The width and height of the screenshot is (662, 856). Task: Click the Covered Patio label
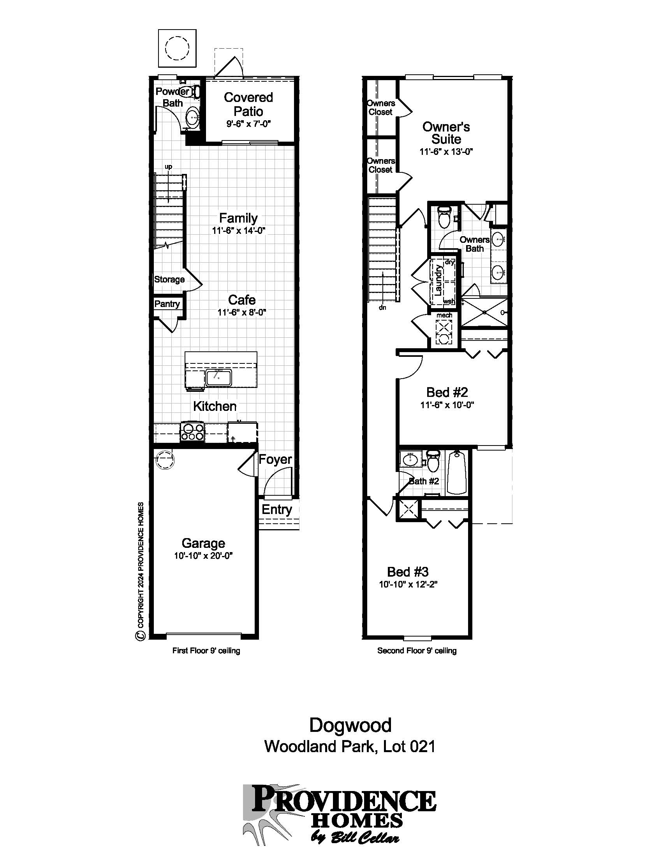248,104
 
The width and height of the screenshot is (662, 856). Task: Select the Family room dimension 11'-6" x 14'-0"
239,231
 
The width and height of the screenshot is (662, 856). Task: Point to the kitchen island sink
219,377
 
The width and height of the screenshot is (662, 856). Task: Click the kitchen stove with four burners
192,432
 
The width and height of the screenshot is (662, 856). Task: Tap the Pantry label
167,304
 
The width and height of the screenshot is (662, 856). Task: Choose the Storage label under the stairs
169,279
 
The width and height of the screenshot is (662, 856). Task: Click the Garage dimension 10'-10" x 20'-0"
204,556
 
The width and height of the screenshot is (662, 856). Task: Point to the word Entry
277,510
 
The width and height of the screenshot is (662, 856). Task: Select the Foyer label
275,460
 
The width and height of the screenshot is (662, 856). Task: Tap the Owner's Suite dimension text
446,152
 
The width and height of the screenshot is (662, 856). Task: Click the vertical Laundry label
438,279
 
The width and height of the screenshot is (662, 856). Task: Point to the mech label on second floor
444,315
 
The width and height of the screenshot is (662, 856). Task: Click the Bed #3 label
408,572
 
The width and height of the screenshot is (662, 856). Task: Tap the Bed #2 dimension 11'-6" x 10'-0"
447,405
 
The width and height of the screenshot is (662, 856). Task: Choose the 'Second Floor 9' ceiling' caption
417,651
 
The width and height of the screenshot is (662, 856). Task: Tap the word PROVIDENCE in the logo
343,800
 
